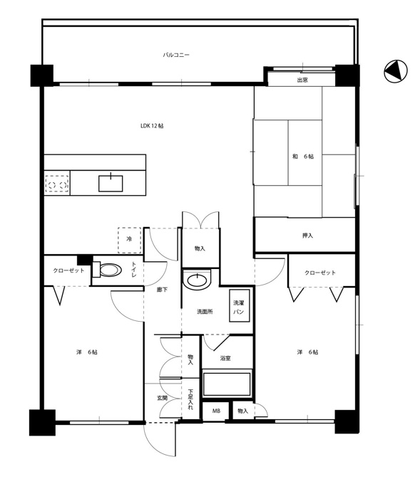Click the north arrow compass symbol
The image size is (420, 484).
(x=396, y=71)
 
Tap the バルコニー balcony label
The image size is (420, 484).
(x=176, y=55)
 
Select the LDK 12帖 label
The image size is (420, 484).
(x=152, y=126)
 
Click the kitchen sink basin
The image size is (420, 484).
(x=111, y=184)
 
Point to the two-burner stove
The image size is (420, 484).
(x=57, y=184)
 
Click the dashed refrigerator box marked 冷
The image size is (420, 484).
(x=129, y=240)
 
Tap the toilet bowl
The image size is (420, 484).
(x=107, y=270)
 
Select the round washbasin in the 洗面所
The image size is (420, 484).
(x=197, y=280)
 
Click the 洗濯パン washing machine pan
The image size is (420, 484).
(x=239, y=306)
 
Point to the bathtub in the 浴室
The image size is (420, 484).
(x=226, y=384)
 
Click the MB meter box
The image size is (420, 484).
(x=216, y=411)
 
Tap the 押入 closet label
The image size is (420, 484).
(x=307, y=236)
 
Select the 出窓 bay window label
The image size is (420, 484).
(x=302, y=80)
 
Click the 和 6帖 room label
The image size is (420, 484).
(x=303, y=157)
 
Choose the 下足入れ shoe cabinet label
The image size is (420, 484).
(x=190, y=399)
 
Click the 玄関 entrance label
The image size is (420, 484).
(x=162, y=398)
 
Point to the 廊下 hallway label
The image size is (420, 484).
(x=162, y=290)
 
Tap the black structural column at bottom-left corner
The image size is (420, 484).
(x=42, y=422)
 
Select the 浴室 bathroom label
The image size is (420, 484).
(x=225, y=358)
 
